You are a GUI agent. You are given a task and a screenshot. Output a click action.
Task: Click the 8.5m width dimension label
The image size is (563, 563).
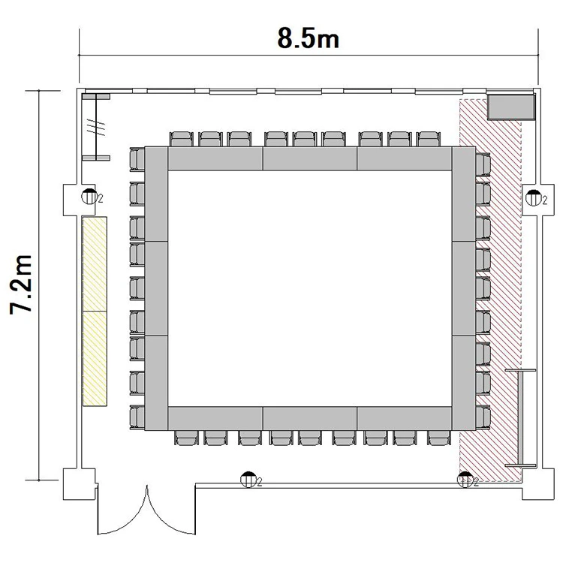pyautogui.click(x=308, y=38)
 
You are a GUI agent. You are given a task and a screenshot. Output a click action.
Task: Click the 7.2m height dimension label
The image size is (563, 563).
pyautogui.click(x=21, y=285)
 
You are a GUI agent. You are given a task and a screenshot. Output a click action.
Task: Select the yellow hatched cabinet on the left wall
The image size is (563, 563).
pyautogui.click(x=95, y=312)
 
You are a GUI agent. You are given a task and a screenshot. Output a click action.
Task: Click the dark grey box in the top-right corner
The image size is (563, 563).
pyautogui.click(x=511, y=107)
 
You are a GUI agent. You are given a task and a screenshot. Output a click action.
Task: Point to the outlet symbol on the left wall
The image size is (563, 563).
pyautogui.click(x=89, y=197)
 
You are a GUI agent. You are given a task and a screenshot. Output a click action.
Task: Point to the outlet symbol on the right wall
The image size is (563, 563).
pyautogui.click(x=534, y=198)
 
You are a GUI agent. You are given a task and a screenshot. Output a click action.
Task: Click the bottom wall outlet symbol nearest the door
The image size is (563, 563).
pyautogui.click(x=248, y=480)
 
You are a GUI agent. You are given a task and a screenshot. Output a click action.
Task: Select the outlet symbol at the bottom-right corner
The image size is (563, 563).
pyautogui.click(x=465, y=480)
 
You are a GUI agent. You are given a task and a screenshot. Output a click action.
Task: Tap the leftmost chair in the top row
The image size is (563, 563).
pyautogui.click(x=182, y=140)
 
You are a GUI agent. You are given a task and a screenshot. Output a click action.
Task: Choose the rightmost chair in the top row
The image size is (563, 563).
pyautogui.click(x=429, y=140)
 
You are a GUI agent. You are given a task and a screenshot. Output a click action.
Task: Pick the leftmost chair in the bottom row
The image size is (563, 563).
pyautogui.click(x=187, y=438)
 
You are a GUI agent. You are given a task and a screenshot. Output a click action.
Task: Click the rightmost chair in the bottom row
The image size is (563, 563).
pyautogui.click(x=439, y=438)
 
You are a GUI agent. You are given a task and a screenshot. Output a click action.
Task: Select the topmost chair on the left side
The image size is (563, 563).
pyautogui.click(x=137, y=159)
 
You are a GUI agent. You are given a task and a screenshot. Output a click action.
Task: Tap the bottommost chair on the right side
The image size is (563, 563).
pyautogui.click(x=483, y=417)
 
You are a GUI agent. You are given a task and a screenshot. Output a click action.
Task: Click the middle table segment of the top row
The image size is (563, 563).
pyautogui.click(x=310, y=158)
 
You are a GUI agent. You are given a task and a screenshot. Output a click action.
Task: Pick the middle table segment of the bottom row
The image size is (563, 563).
pyautogui.click(x=310, y=418)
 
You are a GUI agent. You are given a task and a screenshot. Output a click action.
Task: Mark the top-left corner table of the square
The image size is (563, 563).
pyautogui.click(x=156, y=194)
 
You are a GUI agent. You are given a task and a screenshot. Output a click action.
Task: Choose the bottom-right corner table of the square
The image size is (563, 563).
pyautogui.click(x=464, y=383)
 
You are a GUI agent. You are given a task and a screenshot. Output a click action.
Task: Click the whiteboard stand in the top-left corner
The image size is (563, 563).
pyautogui.click(x=96, y=127)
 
